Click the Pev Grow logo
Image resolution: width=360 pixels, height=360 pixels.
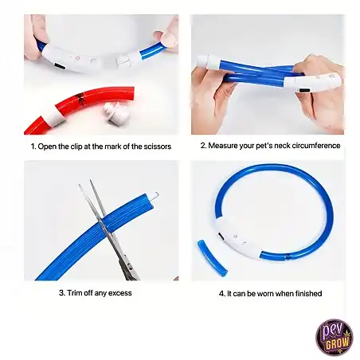(x=335, y=337)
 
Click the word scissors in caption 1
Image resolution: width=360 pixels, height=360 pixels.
(x=158, y=147)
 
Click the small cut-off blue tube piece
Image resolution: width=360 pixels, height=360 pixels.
(x=212, y=258)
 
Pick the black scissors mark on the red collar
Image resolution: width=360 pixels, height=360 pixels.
(x=80, y=98)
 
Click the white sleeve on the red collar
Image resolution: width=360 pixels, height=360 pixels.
(x=57, y=115)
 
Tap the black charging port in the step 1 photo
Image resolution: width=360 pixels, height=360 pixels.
(x=60, y=66)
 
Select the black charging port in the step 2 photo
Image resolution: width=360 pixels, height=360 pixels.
(x=303, y=91)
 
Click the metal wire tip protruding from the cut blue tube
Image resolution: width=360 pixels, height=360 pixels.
(x=157, y=194)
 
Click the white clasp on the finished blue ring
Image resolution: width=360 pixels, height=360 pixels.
(x=237, y=237)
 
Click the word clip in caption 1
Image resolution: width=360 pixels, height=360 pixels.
(x=76, y=147)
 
